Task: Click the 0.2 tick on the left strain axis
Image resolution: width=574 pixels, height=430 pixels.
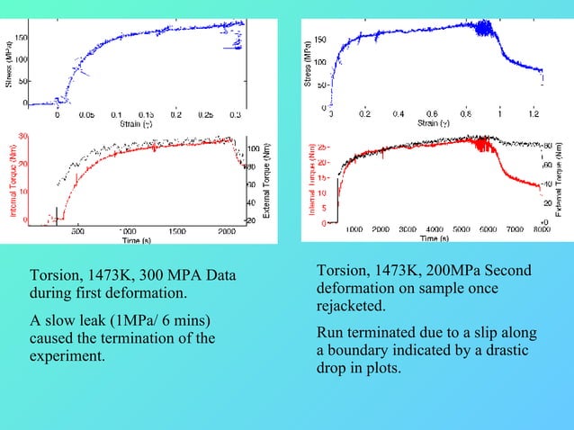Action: [176, 115]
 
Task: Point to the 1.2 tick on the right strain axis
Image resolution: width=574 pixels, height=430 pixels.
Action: [534, 115]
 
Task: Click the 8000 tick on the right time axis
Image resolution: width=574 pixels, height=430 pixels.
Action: [539, 230]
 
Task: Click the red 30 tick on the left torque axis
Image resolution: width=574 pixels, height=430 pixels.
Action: [23, 136]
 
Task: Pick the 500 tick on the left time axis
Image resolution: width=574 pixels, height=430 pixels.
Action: [77, 230]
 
